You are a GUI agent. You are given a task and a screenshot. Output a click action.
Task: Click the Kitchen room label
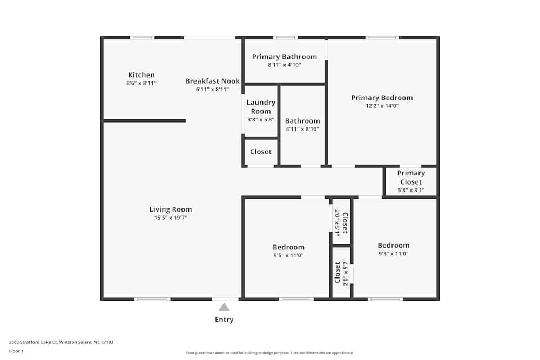[141, 75]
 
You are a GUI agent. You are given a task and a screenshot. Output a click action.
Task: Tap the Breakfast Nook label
[212, 81]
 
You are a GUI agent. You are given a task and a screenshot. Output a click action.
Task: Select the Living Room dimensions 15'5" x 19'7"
[171, 218]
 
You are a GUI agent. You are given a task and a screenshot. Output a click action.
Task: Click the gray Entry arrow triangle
[224, 307]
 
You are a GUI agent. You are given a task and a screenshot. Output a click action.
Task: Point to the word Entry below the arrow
[224, 320]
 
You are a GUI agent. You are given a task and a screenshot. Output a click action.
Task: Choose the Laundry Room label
[261, 106]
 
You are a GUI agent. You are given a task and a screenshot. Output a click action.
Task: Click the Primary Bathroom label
[285, 57]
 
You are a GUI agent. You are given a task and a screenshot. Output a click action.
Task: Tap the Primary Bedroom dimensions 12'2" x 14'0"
[382, 106]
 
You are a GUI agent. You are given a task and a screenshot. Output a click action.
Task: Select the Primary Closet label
[411, 177]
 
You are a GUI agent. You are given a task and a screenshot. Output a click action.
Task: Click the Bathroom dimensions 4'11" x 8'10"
[302, 130]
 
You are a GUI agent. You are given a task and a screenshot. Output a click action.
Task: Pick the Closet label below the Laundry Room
[261, 152]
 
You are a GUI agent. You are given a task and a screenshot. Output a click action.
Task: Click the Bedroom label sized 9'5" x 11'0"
[288, 247]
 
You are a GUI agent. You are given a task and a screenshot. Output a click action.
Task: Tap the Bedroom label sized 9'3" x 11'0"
[393, 245]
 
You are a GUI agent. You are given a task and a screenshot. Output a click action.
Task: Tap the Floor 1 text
[16, 351]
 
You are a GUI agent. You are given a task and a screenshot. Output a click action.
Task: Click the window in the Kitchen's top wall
[142, 38]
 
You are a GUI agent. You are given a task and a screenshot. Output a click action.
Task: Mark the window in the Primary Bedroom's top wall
[382, 38]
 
